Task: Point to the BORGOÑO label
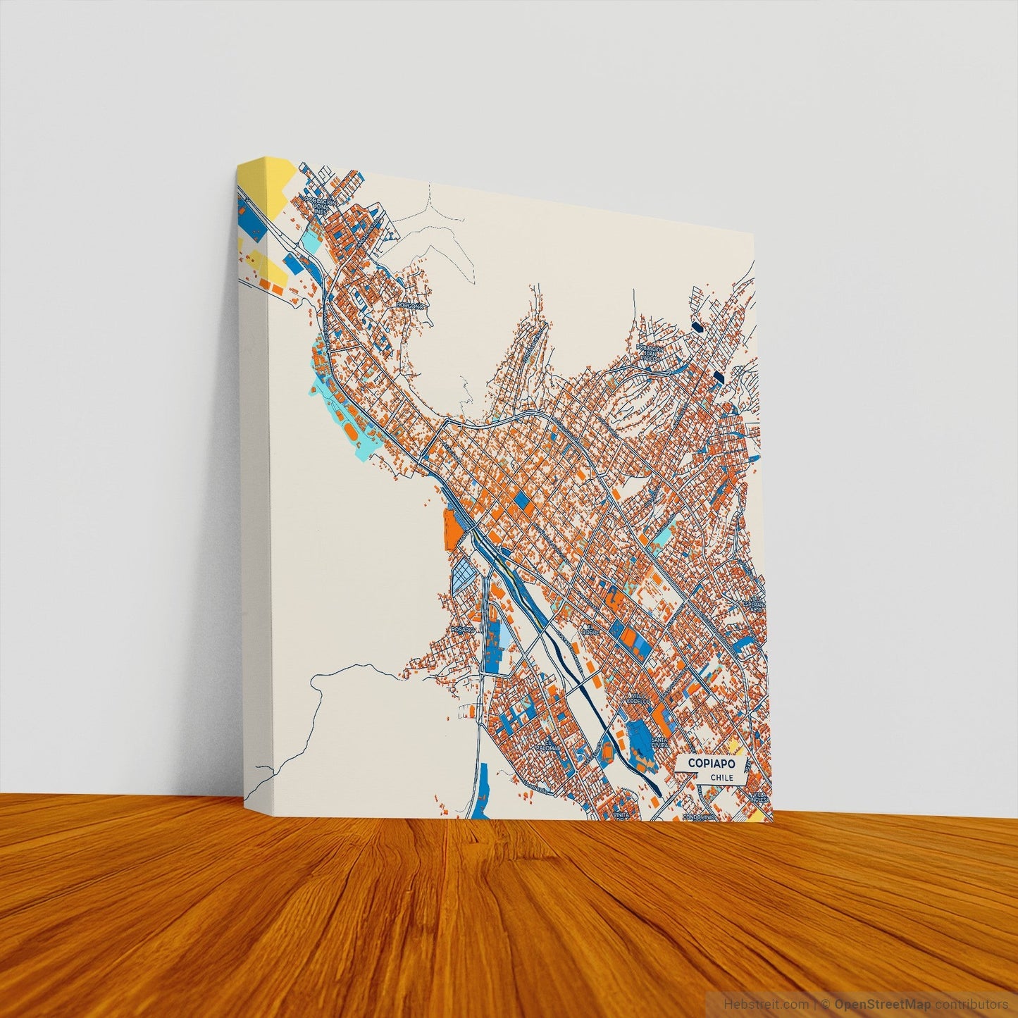(x=411, y=305)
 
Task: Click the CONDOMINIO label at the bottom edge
(x=699, y=817)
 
